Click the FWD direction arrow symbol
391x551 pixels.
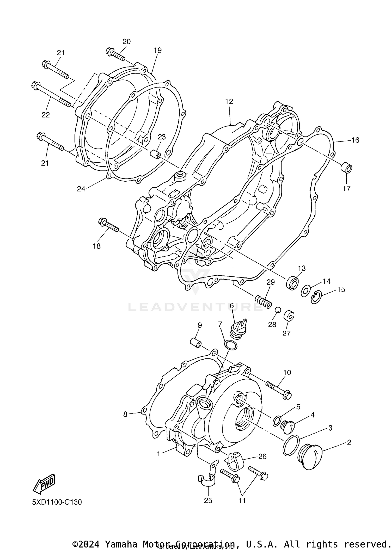(x=44, y=483)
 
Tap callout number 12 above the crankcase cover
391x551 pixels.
(x=229, y=102)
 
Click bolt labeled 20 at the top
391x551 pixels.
(x=115, y=55)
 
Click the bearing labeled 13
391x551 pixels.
(x=293, y=282)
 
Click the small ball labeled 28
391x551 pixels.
(x=278, y=310)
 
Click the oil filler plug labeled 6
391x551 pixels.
(x=237, y=329)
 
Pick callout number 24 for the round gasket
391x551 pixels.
(x=81, y=189)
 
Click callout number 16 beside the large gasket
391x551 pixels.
(x=355, y=140)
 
